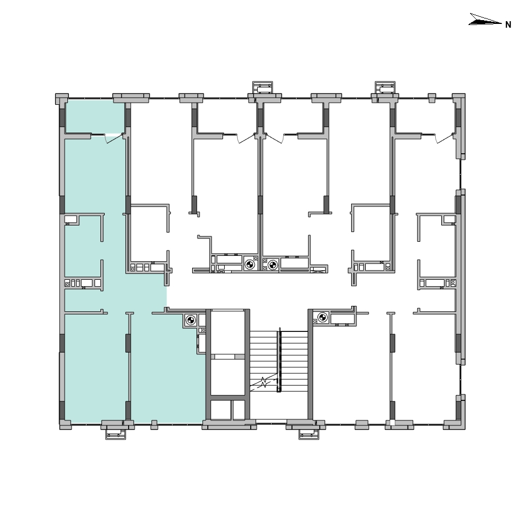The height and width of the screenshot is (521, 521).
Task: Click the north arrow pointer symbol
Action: click(485, 20)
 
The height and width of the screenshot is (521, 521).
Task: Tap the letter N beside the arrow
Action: click(508, 24)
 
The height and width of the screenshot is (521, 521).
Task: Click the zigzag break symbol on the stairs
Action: click(264, 382)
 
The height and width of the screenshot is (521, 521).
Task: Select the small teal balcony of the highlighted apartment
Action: click(96, 116)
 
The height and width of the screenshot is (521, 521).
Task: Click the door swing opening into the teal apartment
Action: click(113, 139)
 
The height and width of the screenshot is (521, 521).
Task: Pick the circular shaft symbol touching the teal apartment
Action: click(190, 321)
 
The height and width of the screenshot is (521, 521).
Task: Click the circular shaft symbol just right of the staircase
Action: click(322, 317)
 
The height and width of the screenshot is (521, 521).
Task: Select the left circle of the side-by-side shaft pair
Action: click(250, 265)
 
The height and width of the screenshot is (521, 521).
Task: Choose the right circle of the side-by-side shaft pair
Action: click(272, 265)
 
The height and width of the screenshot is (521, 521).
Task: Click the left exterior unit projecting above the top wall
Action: click(263, 88)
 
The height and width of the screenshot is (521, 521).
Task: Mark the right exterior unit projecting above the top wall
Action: click(385, 88)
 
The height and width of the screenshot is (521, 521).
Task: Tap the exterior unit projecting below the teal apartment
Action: click(116, 434)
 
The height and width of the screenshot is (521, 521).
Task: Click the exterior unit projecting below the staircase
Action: click(309, 434)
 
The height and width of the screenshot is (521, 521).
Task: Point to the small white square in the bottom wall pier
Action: click(392, 423)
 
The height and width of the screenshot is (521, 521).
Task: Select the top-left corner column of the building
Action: click(62, 99)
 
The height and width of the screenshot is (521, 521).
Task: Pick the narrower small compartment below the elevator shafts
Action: click(239, 410)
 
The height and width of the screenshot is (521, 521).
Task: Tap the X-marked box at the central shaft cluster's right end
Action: click(319, 269)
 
